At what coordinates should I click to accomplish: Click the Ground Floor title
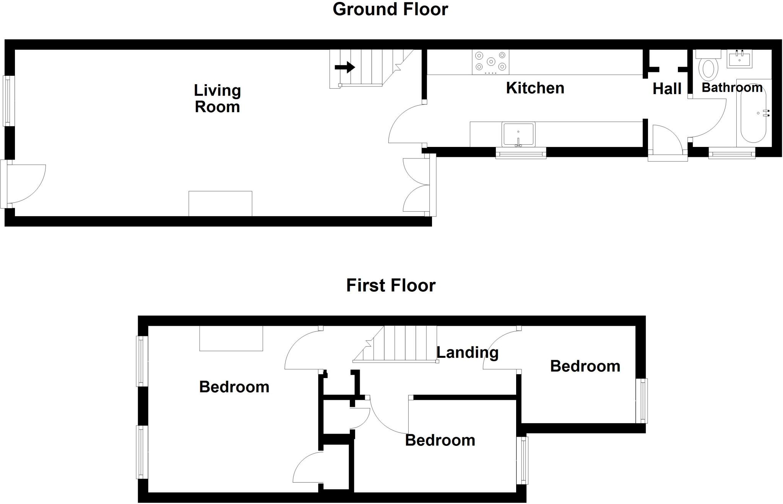(x=390, y=9)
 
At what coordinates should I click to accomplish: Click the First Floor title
(x=391, y=285)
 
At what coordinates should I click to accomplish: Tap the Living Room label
(x=217, y=98)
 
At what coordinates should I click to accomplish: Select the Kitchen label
(x=535, y=88)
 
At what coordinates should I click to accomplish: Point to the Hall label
(x=667, y=89)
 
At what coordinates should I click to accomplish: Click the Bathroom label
(x=732, y=87)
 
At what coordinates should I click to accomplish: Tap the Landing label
(x=467, y=352)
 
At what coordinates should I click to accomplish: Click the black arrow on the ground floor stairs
(x=345, y=68)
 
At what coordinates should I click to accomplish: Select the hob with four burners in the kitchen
(x=491, y=62)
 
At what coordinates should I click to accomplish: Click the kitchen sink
(x=518, y=134)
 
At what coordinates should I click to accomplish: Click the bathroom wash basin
(x=739, y=59)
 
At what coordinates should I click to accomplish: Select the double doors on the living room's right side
(x=417, y=185)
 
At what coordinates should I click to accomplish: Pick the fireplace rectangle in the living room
(x=220, y=204)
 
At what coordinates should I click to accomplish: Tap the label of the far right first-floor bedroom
(x=585, y=366)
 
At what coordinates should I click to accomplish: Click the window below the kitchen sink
(x=521, y=153)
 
